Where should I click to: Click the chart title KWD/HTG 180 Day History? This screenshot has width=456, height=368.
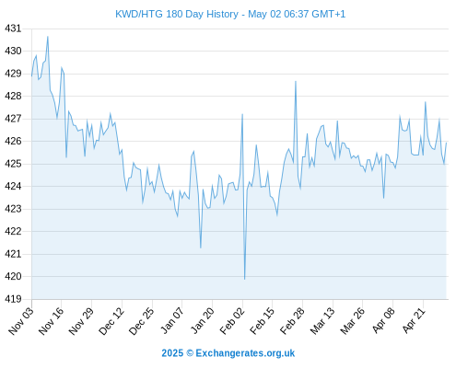point(177,14)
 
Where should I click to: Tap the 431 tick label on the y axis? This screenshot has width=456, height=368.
point(13,29)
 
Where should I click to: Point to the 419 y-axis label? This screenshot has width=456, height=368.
point(13,299)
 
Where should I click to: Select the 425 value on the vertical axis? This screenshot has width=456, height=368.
point(13,164)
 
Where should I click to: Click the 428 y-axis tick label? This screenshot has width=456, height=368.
point(13,96)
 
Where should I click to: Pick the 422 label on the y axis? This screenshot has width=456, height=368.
point(13,231)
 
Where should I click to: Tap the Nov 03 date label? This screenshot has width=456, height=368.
point(21,320)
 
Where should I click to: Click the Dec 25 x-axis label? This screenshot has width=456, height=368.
point(141,320)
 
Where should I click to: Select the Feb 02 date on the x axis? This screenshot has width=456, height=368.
point(232,320)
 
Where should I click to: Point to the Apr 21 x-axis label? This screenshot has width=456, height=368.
point(414,320)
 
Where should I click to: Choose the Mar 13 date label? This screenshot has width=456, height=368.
point(322,320)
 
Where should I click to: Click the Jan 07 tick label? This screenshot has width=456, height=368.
point(172,320)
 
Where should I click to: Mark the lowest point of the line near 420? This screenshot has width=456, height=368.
point(245,279)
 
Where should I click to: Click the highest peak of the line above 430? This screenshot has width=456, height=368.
point(48,37)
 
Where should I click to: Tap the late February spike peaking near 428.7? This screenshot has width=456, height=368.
point(296,81)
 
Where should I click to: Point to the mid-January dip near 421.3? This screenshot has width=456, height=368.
point(201,247)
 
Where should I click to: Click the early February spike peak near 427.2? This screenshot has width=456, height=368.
point(242,114)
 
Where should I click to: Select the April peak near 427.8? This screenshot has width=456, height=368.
point(426,102)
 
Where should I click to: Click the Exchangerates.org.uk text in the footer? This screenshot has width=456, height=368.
point(245,353)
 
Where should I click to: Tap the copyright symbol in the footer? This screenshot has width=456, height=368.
point(190,353)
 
